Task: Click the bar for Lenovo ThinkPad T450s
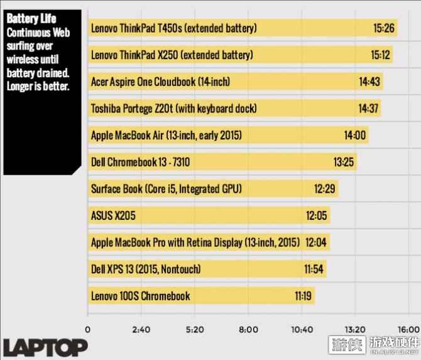coord(242,28)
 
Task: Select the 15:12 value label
coord(381,55)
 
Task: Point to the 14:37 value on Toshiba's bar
coord(369,109)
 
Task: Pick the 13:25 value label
coord(344,163)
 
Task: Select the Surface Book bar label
coord(167,189)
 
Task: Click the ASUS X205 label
coord(113,216)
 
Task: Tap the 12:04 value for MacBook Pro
coord(317,243)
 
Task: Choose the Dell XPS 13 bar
coord(207,270)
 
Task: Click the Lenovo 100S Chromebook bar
coord(201,296)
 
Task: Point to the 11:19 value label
coord(305,296)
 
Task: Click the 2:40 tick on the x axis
coord(141,329)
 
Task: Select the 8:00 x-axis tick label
coord(248,329)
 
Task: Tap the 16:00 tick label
coord(408,329)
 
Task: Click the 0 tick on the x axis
coord(88,329)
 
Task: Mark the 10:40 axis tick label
coord(302,329)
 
